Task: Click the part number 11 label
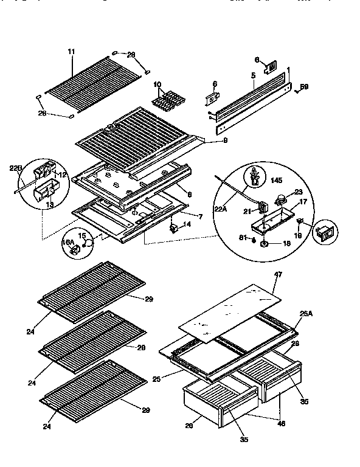pos(71,52)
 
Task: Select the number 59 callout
pos(304,87)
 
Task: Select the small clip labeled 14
pos(173,228)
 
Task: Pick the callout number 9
pos(209,142)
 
